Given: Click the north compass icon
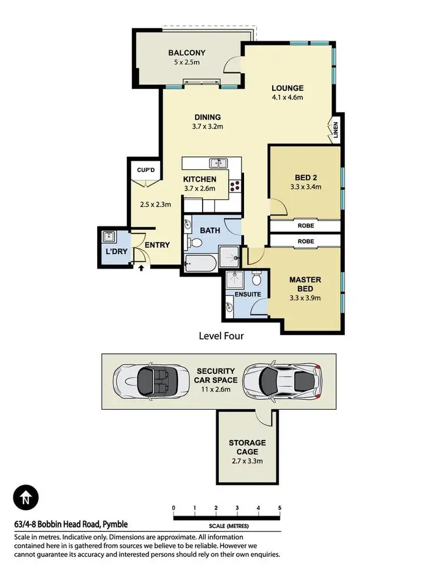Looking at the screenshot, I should (24, 498).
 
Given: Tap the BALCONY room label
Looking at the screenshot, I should (187, 53).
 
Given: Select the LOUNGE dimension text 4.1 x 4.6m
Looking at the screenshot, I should (287, 98).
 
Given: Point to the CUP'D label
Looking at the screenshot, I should (146, 171).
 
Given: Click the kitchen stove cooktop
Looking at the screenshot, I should (236, 186).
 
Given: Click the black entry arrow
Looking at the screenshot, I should (140, 268).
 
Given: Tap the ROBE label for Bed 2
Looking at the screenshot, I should (305, 226).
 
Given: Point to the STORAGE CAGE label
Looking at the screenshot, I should (247, 447).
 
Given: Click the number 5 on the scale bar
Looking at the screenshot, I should (279, 508).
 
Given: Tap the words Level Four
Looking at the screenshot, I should (221, 336).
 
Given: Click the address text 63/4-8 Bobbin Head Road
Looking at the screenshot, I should (71, 524).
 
